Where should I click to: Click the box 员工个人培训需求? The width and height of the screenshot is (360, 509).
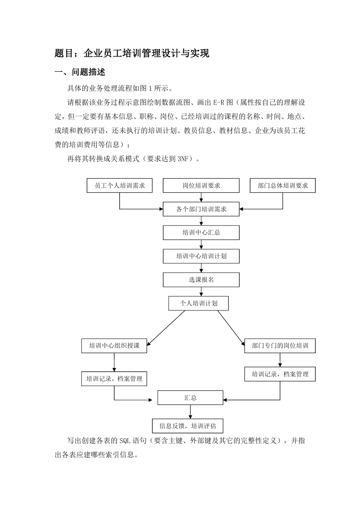119,185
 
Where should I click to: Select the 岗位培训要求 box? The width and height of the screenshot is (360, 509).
201,185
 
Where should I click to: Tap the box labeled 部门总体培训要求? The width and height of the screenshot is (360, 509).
283,185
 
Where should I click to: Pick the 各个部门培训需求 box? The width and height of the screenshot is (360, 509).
201,209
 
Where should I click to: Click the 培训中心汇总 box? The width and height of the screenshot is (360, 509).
201,233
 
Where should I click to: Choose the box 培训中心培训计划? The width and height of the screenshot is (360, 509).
201,256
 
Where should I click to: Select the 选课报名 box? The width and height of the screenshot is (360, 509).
201,280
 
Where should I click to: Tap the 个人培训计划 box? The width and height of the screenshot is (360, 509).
198,303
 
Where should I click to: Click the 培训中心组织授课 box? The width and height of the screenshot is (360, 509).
114,346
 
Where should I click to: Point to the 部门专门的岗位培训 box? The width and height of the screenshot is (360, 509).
280,346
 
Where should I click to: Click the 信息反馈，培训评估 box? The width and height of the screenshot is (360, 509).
188,426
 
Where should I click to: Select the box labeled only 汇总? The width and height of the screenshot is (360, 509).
190,398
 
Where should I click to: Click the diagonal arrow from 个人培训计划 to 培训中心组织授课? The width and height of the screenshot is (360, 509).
166,328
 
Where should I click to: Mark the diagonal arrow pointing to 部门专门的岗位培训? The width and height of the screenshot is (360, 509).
231,328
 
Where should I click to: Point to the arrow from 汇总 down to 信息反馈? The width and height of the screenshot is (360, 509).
190,412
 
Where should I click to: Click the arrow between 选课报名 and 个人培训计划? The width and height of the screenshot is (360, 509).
201,291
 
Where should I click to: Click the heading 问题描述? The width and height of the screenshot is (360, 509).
89,72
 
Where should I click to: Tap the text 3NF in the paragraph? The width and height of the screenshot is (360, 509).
183,159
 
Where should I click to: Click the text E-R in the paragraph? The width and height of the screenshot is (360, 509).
218,102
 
